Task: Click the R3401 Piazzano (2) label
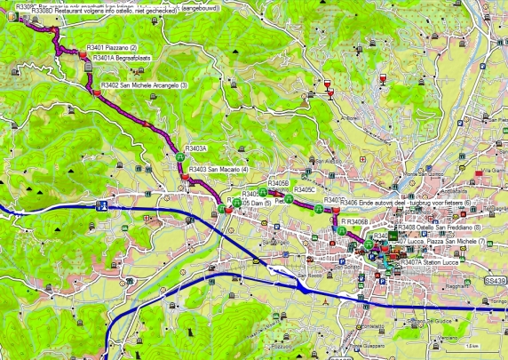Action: pos(112,46)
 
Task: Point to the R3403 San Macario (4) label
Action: pos(218,169)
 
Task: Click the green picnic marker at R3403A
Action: pos(180,156)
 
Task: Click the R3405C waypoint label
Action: pos(306,189)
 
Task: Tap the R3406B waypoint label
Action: pos(355,220)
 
